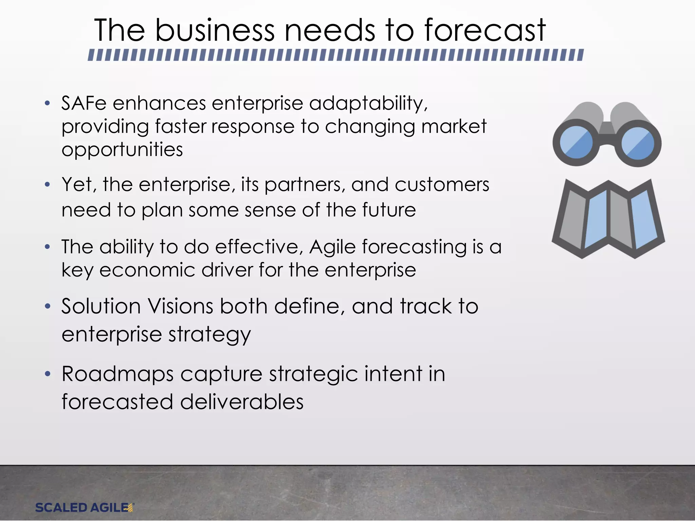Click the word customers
(x=442, y=185)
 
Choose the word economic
(x=147, y=270)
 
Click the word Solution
(x=101, y=306)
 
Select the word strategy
(x=209, y=335)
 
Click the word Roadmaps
(x=117, y=374)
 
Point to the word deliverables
(x=242, y=402)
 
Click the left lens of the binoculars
(x=576, y=143)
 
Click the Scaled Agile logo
(x=84, y=507)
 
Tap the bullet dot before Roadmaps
(x=48, y=374)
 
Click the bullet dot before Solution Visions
(x=48, y=307)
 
